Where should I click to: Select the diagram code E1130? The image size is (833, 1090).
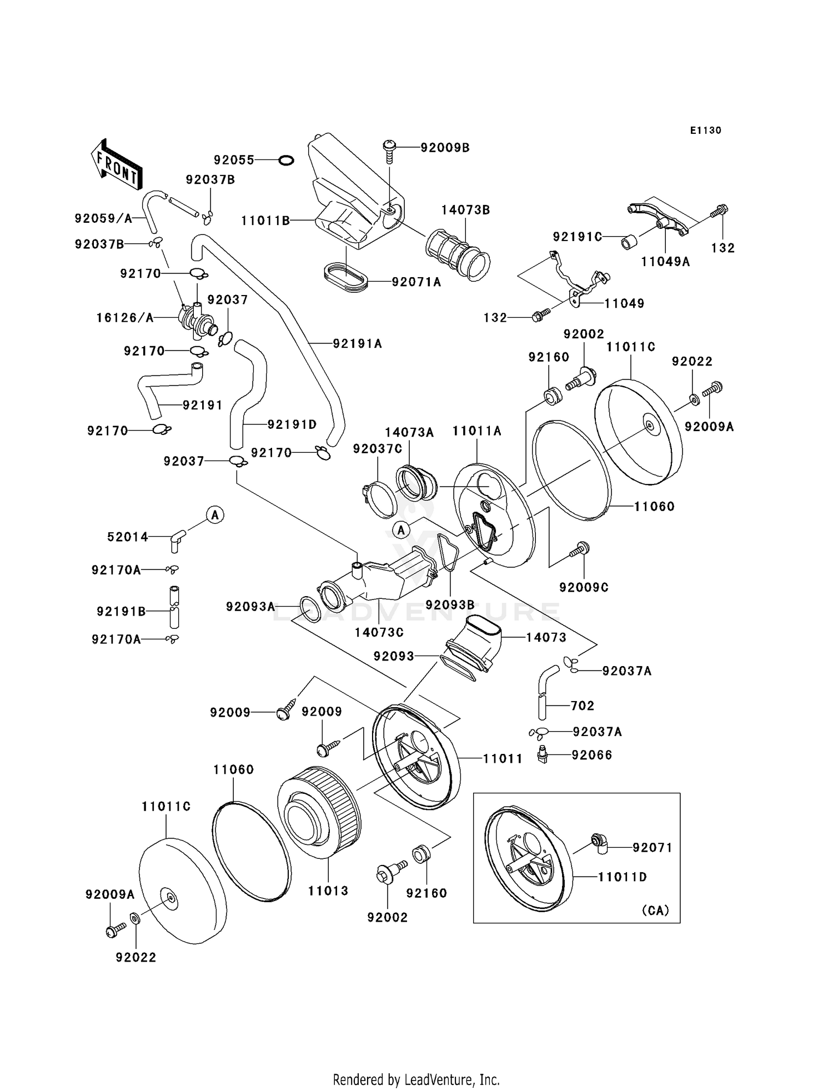(705, 131)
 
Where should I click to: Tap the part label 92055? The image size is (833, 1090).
(234, 161)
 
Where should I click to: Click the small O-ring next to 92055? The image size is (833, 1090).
(285, 161)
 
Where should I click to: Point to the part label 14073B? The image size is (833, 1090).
(465, 210)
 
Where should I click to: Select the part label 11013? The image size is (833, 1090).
(328, 891)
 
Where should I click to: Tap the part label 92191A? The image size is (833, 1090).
(358, 344)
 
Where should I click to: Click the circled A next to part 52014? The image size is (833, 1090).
(215, 515)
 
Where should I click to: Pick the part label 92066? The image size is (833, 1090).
(592, 755)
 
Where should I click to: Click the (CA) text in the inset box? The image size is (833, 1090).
(655, 911)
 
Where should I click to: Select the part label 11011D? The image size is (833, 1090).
(622, 877)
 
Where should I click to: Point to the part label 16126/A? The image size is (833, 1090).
(125, 318)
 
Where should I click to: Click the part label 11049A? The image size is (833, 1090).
(665, 262)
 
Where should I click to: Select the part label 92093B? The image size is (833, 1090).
(450, 604)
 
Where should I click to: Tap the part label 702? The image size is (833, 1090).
(582, 706)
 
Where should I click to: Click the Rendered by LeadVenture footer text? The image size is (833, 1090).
(416, 1079)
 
